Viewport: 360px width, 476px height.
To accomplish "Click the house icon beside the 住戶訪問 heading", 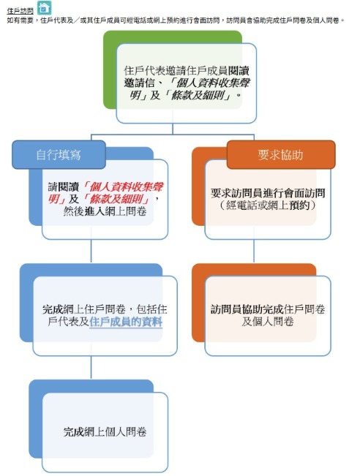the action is click(45, 7).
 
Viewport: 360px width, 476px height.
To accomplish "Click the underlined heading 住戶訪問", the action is click(20, 11).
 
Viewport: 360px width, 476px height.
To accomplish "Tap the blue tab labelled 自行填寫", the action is click(59, 155).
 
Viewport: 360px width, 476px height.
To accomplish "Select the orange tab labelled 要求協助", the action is click(281, 155).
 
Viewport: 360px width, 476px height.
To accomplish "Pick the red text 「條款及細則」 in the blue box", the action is click(116, 199).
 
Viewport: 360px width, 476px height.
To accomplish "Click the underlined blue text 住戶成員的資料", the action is click(126, 322).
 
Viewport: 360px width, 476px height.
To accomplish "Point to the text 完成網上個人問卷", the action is click(105, 432).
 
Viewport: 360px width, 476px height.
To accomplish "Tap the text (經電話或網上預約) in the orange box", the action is click(268, 205).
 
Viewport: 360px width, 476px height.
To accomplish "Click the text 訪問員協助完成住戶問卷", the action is click(268, 309).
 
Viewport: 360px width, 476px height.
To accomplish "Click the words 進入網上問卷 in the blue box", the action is click(116, 211).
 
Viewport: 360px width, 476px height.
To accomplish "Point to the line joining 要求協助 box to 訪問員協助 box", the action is click(254, 252).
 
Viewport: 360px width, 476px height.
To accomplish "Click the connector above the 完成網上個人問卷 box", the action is click(91, 368).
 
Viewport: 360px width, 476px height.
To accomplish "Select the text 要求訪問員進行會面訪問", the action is click(268, 193).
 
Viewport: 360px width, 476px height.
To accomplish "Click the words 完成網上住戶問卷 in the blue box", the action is click(84, 309).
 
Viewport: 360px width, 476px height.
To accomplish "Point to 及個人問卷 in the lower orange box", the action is click(268, 322).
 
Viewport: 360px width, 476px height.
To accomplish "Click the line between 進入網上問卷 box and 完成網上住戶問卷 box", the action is click(91, 252).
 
